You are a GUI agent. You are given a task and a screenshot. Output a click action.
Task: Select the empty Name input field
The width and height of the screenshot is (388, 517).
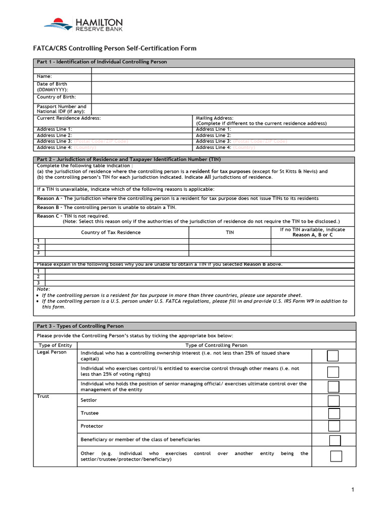point(223,76)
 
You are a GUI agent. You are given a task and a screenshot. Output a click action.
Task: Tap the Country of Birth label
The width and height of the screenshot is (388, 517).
point(56,96)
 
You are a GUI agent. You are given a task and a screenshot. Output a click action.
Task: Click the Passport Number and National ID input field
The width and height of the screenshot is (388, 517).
point(223,109)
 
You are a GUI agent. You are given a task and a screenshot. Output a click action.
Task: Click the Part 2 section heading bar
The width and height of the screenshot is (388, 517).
point(195,160)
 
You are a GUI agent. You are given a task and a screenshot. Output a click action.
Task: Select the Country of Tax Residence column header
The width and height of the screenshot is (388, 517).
point(111,232)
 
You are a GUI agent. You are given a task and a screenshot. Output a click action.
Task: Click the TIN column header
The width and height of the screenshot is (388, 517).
point(229,232)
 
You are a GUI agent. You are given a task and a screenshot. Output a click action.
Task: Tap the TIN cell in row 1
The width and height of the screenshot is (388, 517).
point(229,241)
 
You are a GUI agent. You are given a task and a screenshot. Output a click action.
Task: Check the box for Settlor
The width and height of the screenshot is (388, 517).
point(333,401)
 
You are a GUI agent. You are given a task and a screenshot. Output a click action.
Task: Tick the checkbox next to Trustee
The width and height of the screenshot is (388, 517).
point(333,413)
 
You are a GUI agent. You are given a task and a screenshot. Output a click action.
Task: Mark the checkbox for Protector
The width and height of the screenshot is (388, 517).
point(333,426)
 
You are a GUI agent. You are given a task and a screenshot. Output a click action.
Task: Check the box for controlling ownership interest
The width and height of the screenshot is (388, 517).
point(332,356)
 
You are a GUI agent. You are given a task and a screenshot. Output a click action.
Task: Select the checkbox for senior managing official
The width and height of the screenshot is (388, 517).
point(333,387)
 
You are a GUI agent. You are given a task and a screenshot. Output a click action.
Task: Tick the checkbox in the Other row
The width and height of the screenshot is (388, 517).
point(336,456)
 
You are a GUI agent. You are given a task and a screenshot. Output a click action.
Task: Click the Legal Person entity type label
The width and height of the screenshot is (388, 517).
point(52,352)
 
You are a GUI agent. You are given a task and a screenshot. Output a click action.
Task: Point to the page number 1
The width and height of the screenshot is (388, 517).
point(354,490)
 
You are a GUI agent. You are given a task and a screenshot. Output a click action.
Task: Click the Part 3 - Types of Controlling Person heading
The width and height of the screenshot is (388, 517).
point(80,326)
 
